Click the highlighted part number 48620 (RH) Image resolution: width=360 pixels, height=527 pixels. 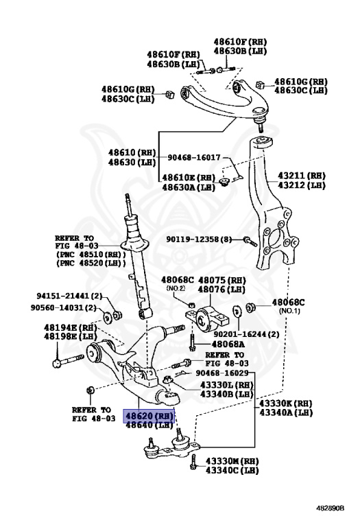tap(149, 416)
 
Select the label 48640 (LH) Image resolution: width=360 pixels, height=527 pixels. tap(149, 426)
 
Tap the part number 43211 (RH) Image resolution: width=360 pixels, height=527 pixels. tap(302, 175)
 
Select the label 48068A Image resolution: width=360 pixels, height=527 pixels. tap(229, 344)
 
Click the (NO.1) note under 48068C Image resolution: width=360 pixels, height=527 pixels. tap(287, 312)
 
